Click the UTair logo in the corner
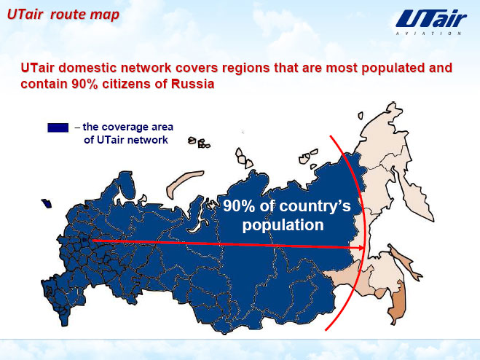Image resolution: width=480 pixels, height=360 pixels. tap(431, 23)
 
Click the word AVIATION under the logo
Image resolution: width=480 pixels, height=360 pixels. tap(428, 34)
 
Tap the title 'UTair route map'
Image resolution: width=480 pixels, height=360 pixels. tap(63, 15)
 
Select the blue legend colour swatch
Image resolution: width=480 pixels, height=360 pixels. tap(58, 128)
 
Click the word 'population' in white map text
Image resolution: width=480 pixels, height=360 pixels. tap(283, 225)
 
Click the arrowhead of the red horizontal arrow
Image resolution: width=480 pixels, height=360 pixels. tap(361, 248)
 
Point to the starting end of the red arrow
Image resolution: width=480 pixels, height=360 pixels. tap(93, 240)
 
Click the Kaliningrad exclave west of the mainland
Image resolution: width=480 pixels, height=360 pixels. tap(47, 203)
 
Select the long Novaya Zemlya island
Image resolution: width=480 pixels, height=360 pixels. tap(184, 183)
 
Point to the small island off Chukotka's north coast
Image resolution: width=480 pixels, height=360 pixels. tap(361, 116)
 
